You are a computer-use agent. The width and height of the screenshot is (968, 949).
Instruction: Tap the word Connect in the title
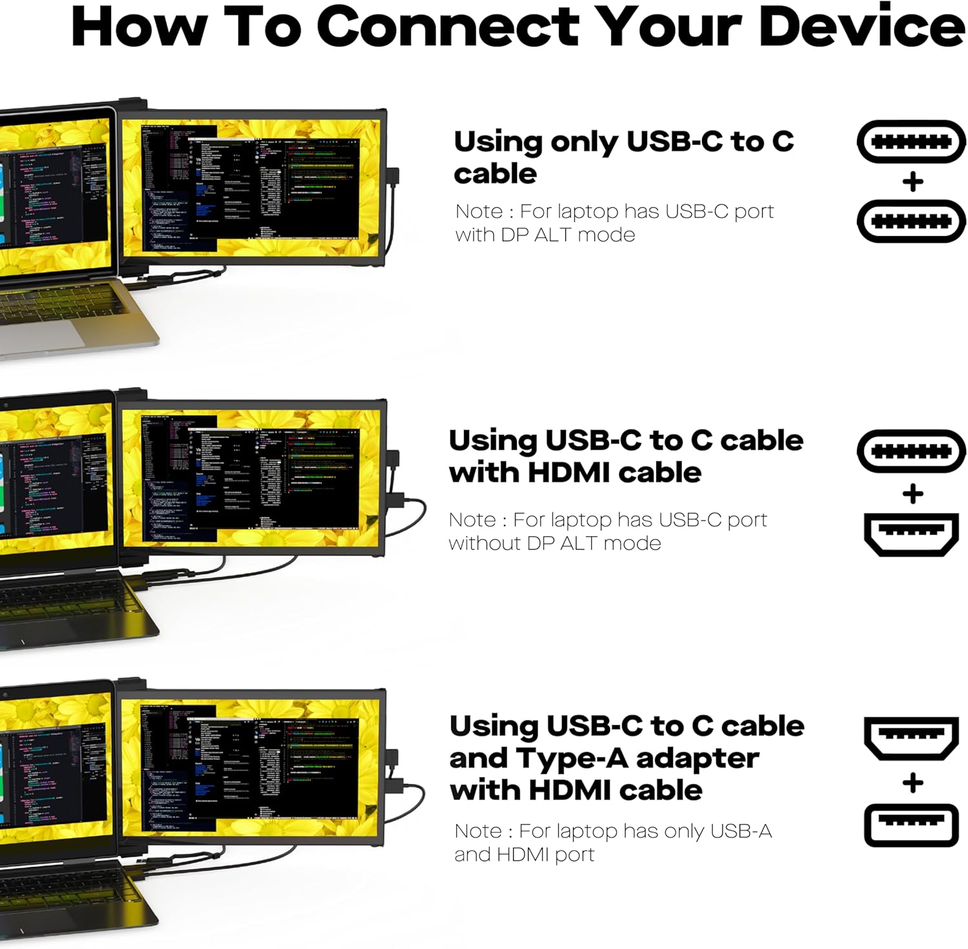pyautogui.click(x=448, y=27)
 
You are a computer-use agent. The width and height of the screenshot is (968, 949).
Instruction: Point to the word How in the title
pyautogui.click(x=139, y=27)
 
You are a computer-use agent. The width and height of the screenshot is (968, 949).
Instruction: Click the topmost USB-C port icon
pyautogui.click(x=911, y=141)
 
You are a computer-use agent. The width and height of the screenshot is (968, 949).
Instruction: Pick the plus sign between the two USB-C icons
pyautogui.click(x=913, y=182)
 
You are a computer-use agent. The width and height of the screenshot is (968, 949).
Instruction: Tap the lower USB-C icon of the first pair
pyautogui.click(x=911, y=221)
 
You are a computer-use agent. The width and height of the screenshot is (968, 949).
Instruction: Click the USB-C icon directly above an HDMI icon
pyautogui.click(x=911, y=451)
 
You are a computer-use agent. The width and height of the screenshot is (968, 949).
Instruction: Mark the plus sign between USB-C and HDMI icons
pyautogui.click(x=913, y=494)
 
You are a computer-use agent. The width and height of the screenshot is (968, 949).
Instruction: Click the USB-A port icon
pyautogui.click(x=911, y=825)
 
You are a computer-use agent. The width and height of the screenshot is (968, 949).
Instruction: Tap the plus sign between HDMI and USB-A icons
pyautogui.click(x=913, y=783)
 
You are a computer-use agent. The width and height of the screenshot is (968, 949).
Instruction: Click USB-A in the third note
pyautogui.click(x=741, y=831)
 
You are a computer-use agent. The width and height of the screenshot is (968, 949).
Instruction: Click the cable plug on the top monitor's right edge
pyautogui.click(x=393, y=177)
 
